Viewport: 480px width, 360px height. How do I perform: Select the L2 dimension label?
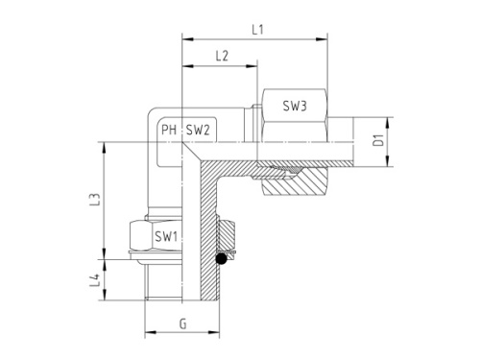(221, 57)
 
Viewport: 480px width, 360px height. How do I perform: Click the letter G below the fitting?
(181, 324)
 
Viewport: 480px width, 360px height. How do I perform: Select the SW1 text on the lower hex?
(165, 235)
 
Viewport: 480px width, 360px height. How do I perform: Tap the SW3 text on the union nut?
(294, 108)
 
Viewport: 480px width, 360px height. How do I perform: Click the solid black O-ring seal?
(222, 257)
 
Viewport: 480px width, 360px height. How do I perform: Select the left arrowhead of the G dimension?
(147, 336)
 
